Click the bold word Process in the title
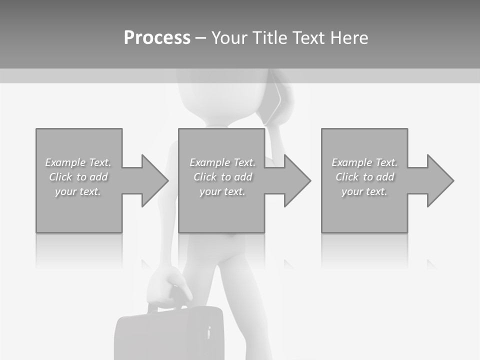click(157, 37)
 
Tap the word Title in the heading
click(270, 37)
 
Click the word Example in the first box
click(65, 162)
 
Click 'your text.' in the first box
click(78, 191)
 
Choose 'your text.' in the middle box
click(222, 191)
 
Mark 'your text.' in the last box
click(364, 191)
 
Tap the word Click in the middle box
click(205, 177)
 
